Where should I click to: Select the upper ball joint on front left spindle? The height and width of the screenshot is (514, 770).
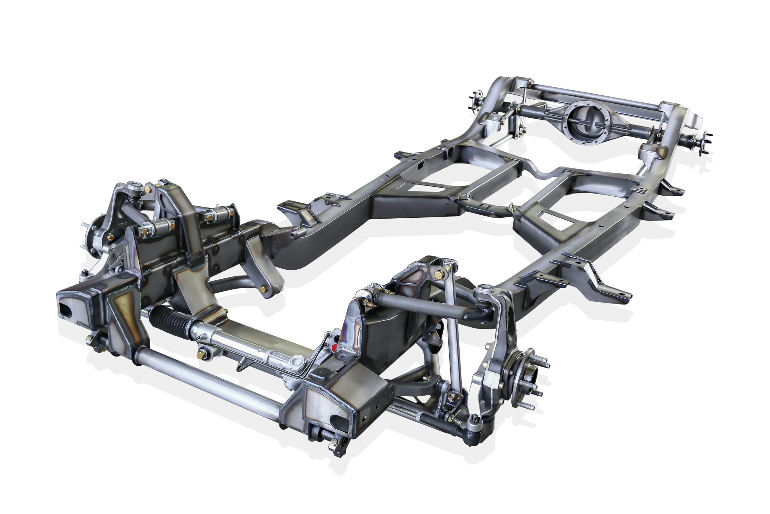[134, 189]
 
